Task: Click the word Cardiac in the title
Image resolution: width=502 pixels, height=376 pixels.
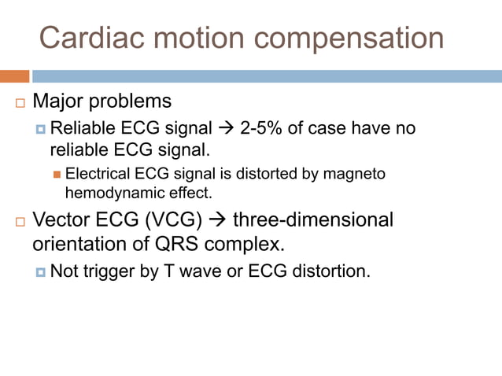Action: (87, 39)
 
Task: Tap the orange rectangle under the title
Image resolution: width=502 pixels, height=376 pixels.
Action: (14, 76)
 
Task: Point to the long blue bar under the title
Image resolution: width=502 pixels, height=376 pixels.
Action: (267, 76)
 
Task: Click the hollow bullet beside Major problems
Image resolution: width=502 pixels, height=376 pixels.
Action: (20, 103)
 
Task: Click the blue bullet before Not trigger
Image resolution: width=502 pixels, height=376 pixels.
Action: (41, 272)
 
